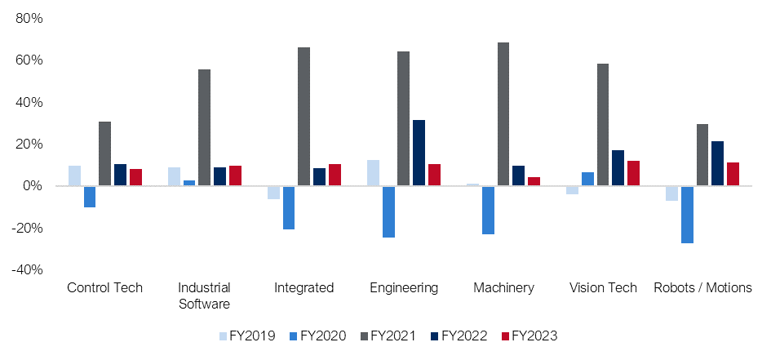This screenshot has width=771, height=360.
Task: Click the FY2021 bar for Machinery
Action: click(503, 114)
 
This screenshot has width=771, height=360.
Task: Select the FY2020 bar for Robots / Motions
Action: click(687, 214)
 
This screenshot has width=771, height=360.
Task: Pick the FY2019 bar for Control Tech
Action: click(74, 176)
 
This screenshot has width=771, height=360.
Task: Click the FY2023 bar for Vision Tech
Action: click(633, 173)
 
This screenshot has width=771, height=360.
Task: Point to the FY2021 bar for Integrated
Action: click(304, 117)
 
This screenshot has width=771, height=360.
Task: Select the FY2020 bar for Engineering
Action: click(388, 211)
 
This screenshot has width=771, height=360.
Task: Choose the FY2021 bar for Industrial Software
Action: click(204, 127)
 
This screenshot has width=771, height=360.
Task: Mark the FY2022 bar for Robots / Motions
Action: click(718, 163)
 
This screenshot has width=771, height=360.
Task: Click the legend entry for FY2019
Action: click(247, 336)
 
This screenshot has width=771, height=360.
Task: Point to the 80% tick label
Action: click(29, 18)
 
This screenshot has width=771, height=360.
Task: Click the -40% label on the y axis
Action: click(27, 269)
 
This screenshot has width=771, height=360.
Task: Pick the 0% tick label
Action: click(33, 186)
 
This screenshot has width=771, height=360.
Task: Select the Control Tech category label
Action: click(104, 287)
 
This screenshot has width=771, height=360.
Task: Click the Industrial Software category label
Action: click(204, 296)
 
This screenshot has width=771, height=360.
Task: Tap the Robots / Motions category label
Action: click(702, 287)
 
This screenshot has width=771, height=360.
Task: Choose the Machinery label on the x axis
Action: click(503, 287)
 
